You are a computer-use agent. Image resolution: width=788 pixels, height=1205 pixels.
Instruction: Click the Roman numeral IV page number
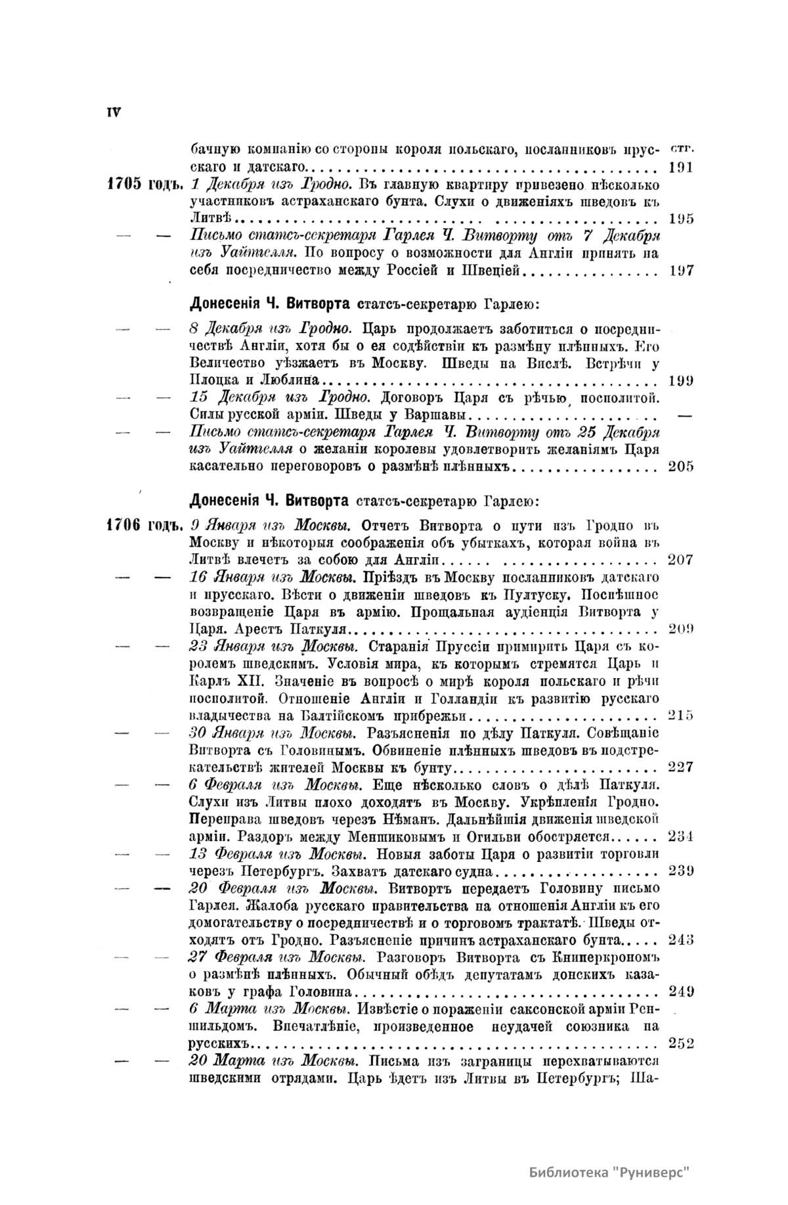click(x=113, y=112)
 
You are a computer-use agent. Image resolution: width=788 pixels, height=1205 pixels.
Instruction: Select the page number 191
click(x=681, y=167)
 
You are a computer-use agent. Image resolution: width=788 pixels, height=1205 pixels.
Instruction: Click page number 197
click(x=681, y=270)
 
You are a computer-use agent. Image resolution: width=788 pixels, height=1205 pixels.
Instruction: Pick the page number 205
click(x=681, y=466)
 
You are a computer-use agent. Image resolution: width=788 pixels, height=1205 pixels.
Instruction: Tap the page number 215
click(x=681, y=715)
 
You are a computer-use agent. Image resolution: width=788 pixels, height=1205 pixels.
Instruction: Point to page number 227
click(x=681, y=767)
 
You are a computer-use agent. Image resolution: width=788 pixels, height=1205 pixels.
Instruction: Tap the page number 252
click(x=681, y=1043)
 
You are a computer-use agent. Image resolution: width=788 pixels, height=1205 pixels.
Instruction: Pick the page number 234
click(x=681, y=836)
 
